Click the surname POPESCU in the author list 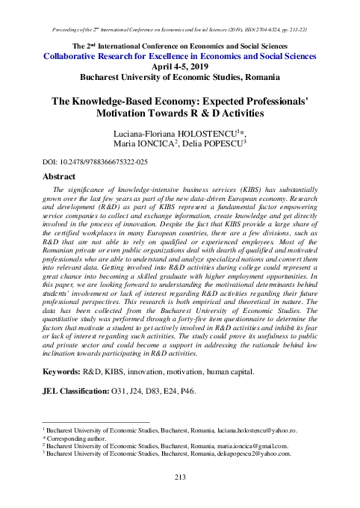point(240,143)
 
